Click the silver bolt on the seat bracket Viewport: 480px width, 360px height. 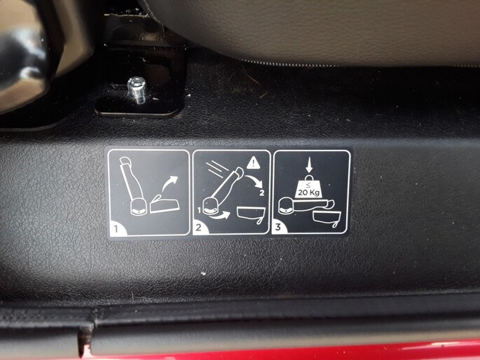tap(136, 90)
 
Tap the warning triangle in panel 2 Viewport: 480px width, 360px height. tap(254, 163)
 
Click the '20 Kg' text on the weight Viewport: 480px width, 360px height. tap(308, 193)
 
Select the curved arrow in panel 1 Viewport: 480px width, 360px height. tap(170, 184)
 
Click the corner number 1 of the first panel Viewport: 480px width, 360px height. tap(116, 228)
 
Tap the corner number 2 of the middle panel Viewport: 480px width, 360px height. tap(199, 228)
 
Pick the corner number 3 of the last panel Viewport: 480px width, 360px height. tap(278, 227)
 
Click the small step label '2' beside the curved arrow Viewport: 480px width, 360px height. tap(262, 193)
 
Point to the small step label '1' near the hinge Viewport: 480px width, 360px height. tap(199, 210)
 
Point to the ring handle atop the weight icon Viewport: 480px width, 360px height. tap(309, 178)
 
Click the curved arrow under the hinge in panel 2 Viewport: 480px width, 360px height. tap(219, 215)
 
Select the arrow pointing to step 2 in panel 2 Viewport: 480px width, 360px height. tap(254, 181)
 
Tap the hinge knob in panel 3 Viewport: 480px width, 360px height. tap(286, 205)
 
